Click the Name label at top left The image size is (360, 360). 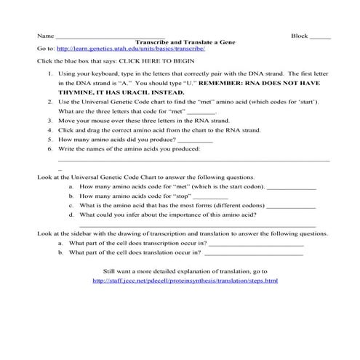click(x=44, y=36)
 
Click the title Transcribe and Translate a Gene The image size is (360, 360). click(x=180, y=42)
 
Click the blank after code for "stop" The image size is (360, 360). click(x=211, y=196)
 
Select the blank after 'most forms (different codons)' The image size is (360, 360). click(x=291, y=206)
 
